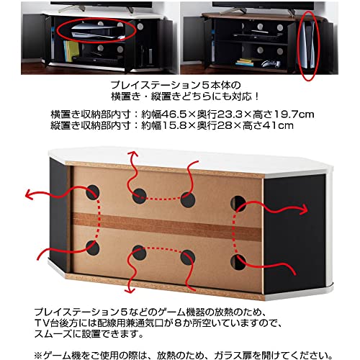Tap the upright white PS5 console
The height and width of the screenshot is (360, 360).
[x=307, y=45]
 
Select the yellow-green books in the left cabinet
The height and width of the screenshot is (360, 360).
[x=71, y=50]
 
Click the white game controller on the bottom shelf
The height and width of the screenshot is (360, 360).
[x=271, y=63]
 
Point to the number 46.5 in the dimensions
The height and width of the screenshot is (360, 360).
[x=174, y=114]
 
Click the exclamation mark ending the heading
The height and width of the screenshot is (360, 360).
[x=256, y=96]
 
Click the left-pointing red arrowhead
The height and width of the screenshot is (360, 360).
[x=30, y=194]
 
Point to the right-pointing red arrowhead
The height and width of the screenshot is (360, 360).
[x=303, y=210]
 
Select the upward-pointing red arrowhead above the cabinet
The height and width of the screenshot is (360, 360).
[x=132, y=155]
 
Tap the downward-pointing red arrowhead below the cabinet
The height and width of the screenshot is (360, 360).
[x=130, y=289]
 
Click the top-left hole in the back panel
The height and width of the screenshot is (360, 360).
[x=93, y=192]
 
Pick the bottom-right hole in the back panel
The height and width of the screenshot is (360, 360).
[x=238, y=262]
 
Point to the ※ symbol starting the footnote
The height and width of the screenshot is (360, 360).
[x=38, y=355]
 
